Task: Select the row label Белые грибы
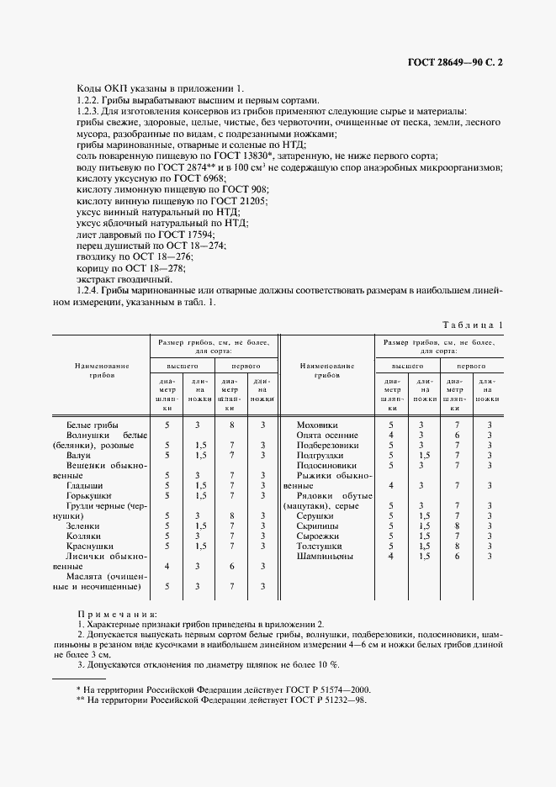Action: pos(92,425)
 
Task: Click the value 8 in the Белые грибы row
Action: pos(231,425)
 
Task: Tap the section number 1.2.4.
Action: pos(92,290)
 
